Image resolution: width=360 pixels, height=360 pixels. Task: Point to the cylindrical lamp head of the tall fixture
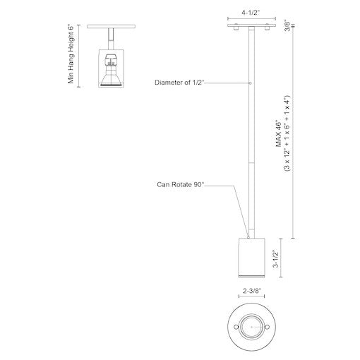click(252, 255)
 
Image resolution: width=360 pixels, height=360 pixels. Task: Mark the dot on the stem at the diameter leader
click(252, 84)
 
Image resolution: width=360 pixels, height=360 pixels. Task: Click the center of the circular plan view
click(252, 326)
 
